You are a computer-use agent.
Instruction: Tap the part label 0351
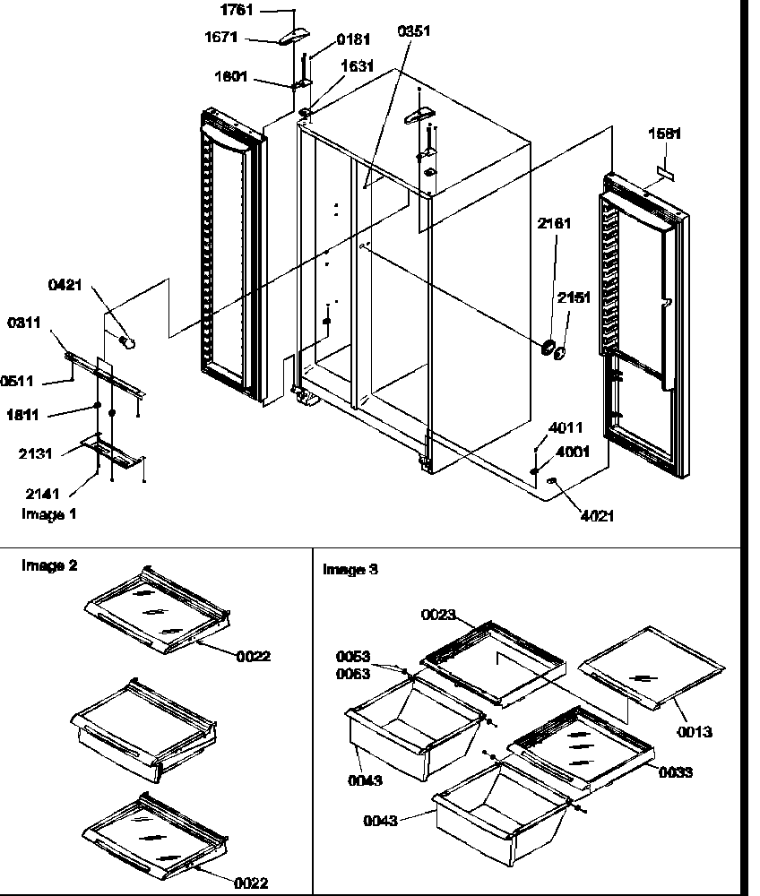(414, 30)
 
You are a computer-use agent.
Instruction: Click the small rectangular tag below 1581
(666, 168)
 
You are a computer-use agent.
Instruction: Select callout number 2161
(553, 223)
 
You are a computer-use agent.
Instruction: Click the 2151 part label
(574, 298)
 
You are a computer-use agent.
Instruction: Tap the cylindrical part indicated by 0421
(127, 341)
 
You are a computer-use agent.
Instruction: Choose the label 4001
(573, 452)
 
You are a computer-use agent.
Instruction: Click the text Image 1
(48, 514)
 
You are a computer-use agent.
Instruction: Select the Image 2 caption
(48, 565)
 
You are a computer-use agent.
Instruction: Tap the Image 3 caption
(350, 569)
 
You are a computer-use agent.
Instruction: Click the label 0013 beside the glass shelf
(695, 732)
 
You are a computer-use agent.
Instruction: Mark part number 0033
(675, 772)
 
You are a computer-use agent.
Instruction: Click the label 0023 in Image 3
(440, 615)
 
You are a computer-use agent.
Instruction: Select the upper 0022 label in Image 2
(253, 656)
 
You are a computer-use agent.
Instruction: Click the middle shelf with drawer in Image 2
(143, 726)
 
